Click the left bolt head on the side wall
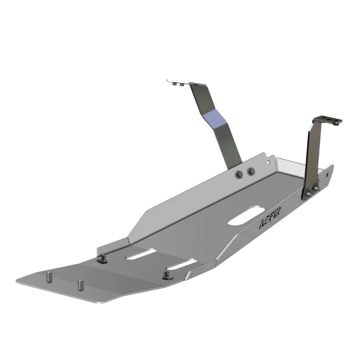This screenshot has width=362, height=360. click(x=238, y=174)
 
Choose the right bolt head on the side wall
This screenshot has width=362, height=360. click(x=250, y=172)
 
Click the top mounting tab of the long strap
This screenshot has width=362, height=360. click(x=179, y=83)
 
